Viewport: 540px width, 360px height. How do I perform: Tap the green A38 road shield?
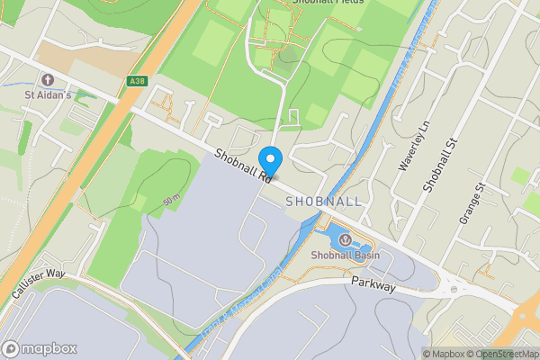137,80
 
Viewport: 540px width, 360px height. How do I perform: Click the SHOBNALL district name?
323,202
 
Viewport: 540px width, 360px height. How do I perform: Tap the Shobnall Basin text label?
345,256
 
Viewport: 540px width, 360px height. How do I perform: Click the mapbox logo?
40,349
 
